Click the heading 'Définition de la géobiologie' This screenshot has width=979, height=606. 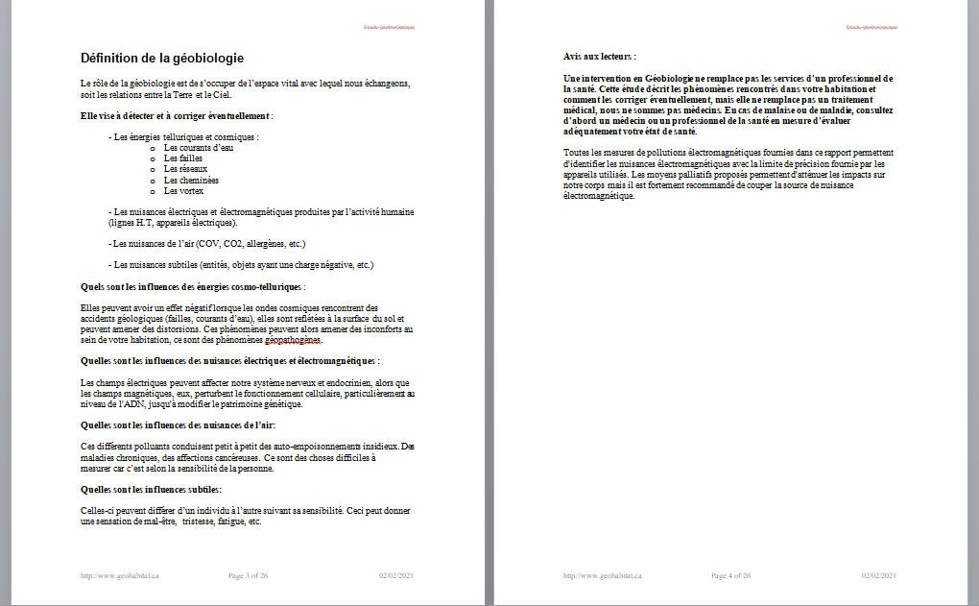pos(162,58)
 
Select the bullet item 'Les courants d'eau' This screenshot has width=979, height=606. pos(198,147)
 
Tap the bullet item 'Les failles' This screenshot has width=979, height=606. pos(183,158)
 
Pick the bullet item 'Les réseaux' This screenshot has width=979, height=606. pos(185,169)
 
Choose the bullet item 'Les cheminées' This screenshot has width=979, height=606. pos(191,180)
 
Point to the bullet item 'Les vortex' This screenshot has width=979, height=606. pos(183,190)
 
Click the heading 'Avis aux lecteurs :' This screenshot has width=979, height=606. pos(599,57)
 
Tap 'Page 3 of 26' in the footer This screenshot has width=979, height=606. pos(249,575)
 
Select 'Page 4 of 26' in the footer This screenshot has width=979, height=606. pos(731,575)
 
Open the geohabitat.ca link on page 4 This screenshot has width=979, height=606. pos(603,575)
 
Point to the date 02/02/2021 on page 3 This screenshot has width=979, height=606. pos(395,575)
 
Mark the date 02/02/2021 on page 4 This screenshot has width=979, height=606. pos(878,575)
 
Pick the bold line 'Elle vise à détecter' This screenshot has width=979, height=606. pos(178,116)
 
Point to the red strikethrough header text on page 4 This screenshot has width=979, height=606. pos(872,27)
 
